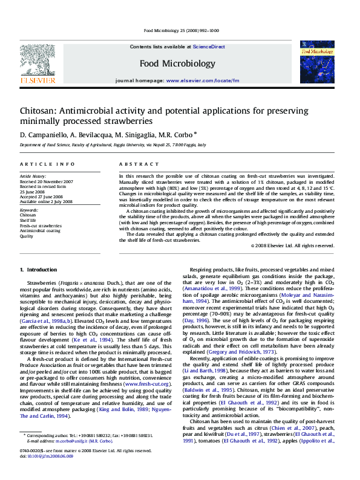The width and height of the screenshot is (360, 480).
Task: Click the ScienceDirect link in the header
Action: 209,47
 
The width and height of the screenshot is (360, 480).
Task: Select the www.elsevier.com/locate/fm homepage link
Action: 198,80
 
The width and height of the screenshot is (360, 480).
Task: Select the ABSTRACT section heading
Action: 134,164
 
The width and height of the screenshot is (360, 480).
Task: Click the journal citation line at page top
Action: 181,30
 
